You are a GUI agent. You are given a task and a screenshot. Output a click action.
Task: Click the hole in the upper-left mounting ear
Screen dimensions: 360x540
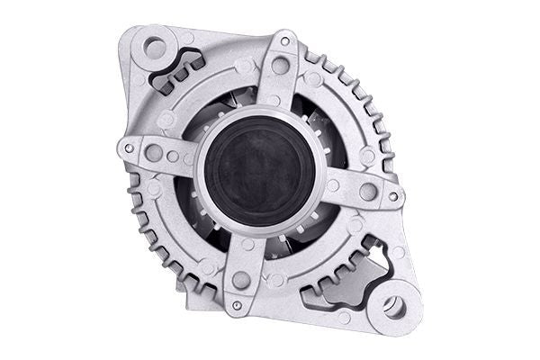point(155,48)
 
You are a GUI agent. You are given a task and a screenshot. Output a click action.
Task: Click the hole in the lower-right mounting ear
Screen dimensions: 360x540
point(394,306)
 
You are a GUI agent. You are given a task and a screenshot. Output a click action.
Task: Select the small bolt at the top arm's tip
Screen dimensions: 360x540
point(285,41)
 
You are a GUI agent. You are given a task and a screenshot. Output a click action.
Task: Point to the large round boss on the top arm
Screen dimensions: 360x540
point(280,66)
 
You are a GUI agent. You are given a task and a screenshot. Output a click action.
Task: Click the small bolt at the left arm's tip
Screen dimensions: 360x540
point(129,148)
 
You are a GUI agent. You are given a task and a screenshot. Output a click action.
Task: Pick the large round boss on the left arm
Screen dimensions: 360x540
point(154,153)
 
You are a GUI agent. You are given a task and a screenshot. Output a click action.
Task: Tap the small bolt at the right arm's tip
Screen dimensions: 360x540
point(392,195)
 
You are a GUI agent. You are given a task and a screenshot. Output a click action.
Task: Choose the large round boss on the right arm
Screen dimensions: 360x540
point(367,191)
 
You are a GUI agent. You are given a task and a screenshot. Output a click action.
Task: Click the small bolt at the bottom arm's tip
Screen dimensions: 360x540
point(237,305)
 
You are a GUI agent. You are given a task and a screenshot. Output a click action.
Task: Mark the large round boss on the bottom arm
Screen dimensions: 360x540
point(240,281)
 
